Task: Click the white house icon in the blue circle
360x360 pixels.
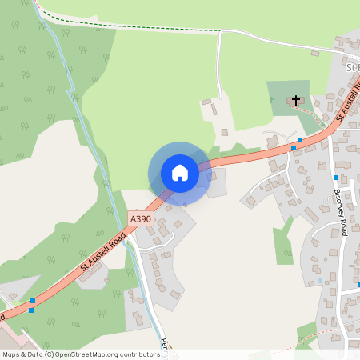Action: [180, 173]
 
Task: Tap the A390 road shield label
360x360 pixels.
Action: [139, 218]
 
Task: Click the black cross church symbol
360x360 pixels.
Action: [296, 101]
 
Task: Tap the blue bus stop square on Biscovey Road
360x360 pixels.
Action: [336, 178]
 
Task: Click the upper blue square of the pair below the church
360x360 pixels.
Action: [299, 140]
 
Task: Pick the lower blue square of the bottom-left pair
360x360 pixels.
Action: [31, 310]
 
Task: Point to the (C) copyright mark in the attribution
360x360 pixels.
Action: [49, 354]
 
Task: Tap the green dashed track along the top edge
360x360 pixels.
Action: [128, 26]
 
